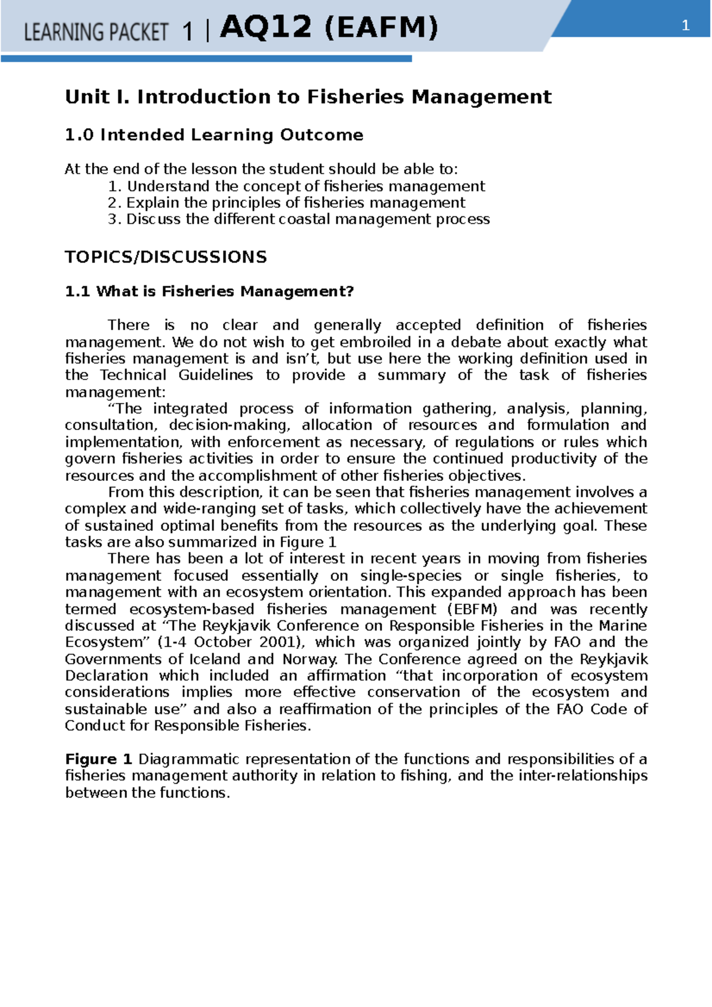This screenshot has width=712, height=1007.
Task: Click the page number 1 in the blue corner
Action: click(685, 26)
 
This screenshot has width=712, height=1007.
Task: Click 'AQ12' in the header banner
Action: click(265, 27)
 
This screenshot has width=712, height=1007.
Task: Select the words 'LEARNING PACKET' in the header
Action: click(96, 31)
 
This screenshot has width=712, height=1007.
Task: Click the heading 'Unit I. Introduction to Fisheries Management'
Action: click(308, 97)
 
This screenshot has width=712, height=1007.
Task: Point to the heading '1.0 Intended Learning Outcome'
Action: click(214, 135)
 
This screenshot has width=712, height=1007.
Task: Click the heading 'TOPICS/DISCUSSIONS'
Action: click(166, 257)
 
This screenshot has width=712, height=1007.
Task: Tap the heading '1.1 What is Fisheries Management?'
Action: click(209, 291)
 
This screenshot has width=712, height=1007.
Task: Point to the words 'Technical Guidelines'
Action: click(176, 375)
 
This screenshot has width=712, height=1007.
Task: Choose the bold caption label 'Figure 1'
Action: click(98, 759)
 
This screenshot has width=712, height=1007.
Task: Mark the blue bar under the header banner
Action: click(206, 59)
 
